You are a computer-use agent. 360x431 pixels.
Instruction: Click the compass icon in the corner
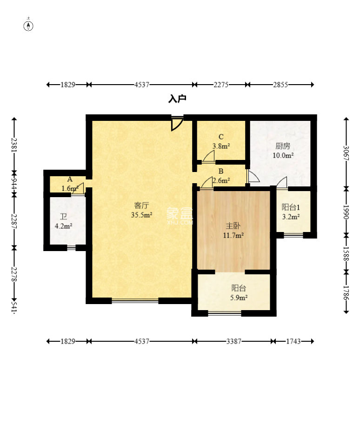click(x=28, y=26)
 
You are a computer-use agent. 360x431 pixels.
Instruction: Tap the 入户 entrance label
click(x=177, y=99)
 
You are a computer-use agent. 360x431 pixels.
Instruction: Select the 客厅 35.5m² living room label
click(x=142, y=210)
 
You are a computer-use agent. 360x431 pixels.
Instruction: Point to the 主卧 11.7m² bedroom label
click(x=233, y=231)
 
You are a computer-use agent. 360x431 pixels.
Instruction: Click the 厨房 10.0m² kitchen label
click(x=283, y=150)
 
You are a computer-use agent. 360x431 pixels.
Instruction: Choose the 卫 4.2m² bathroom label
click(x=64, y=222)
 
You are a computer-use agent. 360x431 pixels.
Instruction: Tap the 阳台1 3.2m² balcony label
click(x=291, y=212)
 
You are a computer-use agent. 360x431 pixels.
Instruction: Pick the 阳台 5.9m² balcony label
click(x=239, y=292)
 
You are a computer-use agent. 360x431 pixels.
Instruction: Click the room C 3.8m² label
click(x=221, y=141)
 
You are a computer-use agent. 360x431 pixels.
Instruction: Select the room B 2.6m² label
click(x=221, y=176)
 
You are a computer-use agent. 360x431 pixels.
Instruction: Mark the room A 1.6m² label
click(x=70, y=184)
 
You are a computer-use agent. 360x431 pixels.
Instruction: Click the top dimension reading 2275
click(x=221, y=85)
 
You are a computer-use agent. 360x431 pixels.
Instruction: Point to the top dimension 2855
click(x=280, y=85)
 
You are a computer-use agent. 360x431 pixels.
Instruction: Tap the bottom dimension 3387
click(x=234, y=341)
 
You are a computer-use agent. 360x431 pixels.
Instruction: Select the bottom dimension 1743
click(x=293, y=341)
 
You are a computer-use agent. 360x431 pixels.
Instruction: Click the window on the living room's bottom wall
click(x=135, y=301)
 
